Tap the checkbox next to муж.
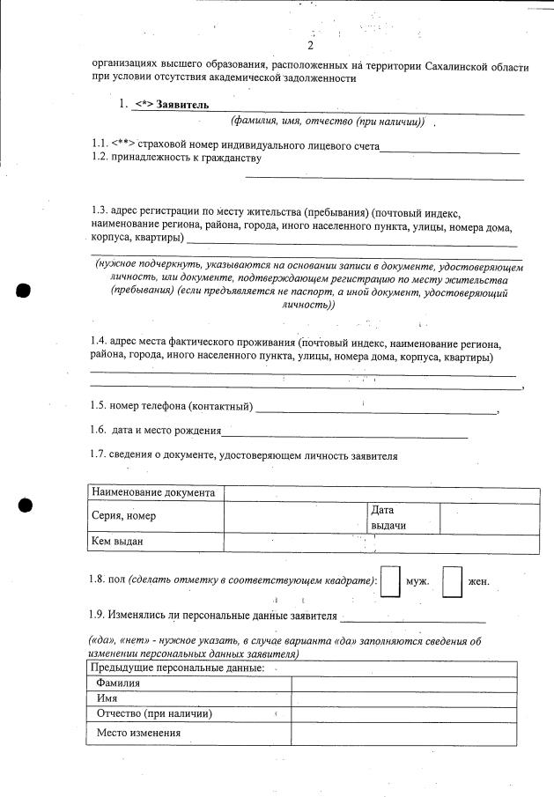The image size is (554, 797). pos(390,582)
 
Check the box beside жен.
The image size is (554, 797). pos(452,582)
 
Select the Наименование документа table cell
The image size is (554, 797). pos(153,493)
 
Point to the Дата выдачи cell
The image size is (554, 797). pos(388,517)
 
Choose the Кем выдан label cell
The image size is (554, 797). pos(117,542)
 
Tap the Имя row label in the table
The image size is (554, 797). pos(107,697)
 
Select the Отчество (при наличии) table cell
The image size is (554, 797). pos(155,713)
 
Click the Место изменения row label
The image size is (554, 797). pos(139,733)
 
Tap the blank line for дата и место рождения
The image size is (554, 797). pos(344,435)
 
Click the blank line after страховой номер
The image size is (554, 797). pos(449,150)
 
